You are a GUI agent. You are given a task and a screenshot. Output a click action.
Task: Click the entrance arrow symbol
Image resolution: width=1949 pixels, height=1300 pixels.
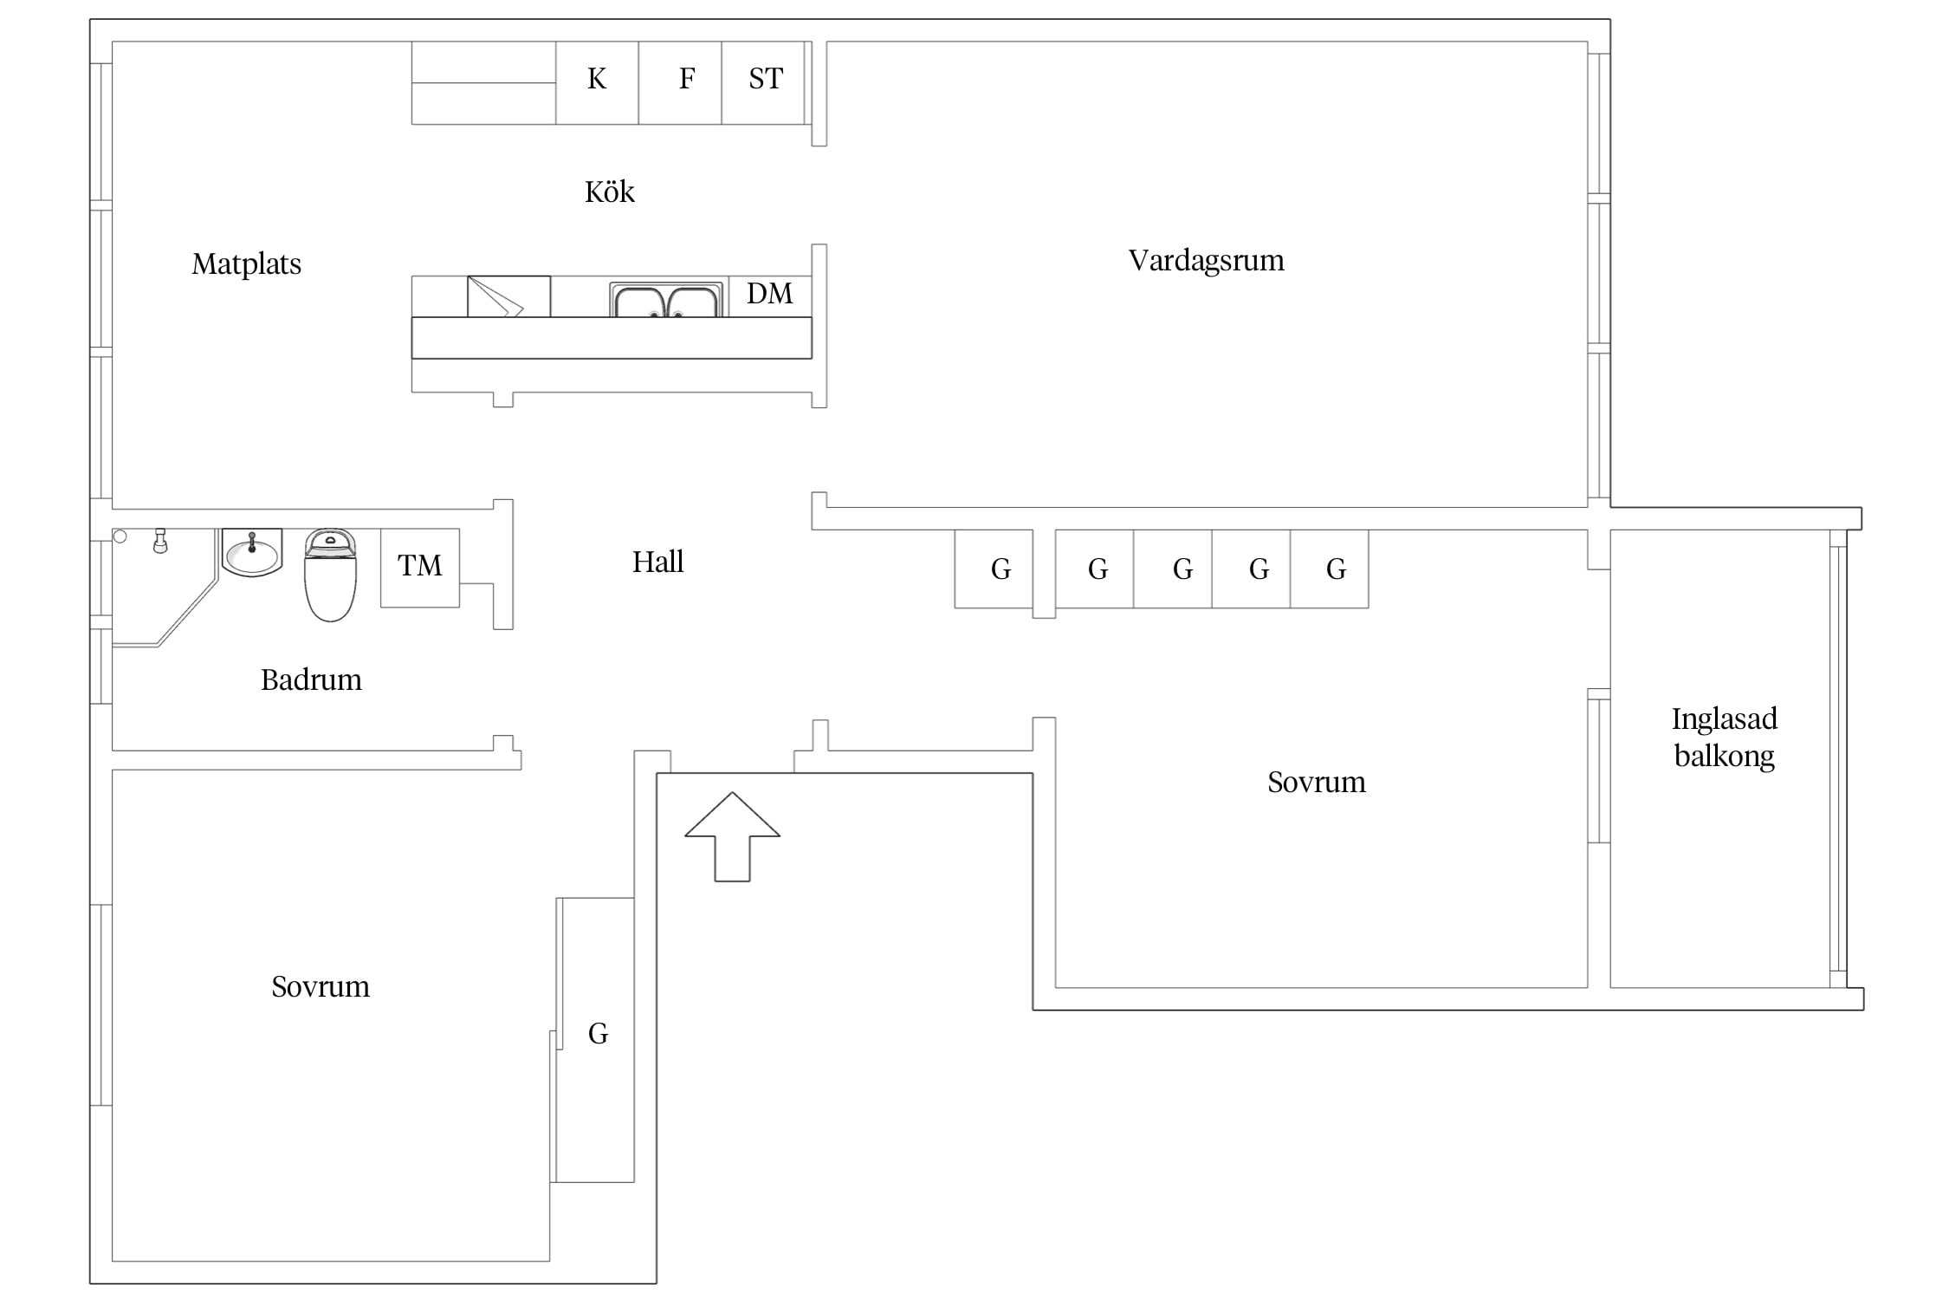732,836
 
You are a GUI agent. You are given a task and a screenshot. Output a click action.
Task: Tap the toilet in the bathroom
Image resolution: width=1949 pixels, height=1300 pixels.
330,575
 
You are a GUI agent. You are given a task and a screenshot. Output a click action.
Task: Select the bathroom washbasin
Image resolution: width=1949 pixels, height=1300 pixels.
252,552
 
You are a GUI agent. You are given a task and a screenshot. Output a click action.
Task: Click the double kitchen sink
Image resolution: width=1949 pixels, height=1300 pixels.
666,300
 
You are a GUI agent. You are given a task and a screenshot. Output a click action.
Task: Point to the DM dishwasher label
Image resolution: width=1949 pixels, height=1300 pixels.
769,294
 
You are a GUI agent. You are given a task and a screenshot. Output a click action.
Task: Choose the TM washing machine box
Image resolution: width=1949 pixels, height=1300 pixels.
420,568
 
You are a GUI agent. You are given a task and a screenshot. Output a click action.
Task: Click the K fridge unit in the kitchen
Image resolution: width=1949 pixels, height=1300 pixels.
597,83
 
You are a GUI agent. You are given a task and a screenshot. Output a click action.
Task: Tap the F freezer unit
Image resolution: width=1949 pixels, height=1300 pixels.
680,83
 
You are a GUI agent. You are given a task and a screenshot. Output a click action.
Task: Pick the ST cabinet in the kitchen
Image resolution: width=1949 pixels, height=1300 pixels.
764,83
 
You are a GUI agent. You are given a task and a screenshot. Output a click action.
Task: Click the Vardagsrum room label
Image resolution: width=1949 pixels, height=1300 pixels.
1206,261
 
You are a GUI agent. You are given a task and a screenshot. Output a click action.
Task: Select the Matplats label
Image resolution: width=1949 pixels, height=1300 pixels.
247,263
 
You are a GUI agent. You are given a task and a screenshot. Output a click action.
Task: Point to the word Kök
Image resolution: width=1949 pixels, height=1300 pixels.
610,191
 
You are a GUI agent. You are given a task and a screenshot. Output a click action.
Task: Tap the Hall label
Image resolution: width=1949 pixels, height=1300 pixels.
657,562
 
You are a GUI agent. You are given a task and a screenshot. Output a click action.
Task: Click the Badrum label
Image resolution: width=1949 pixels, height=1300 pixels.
311,679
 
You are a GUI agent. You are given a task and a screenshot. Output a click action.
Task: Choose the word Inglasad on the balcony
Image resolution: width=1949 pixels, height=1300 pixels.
1724,719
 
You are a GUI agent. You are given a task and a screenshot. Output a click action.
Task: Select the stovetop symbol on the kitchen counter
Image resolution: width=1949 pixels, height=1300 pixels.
508,296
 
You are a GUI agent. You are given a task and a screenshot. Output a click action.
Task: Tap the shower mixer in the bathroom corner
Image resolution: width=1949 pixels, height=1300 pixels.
159,541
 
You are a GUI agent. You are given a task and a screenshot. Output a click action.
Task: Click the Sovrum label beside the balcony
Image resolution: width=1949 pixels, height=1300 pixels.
1316,783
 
